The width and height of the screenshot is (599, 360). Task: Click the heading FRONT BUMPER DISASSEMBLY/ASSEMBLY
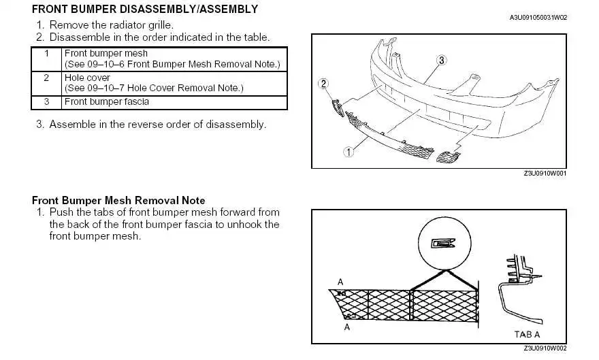point(145,10)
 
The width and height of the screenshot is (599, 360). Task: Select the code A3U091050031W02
point(538,17)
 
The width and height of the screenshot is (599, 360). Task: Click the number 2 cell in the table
point(46,78)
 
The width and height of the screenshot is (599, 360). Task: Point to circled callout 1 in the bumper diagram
point(349,152)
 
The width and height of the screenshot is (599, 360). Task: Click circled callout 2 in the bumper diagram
point(323,84)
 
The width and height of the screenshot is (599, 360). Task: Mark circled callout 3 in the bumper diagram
point(441,61)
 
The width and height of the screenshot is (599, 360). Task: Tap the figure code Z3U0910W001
point(545,174)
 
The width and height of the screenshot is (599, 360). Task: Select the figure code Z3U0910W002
point(545,348)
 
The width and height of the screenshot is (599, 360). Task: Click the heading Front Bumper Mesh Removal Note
point(118,201)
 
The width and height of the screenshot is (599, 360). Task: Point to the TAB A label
point(528,334)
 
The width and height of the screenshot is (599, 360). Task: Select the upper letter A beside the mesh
point(340,282)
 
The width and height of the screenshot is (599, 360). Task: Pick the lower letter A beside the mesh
point(347,327)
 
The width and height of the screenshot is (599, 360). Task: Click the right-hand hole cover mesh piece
point(447,159)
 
